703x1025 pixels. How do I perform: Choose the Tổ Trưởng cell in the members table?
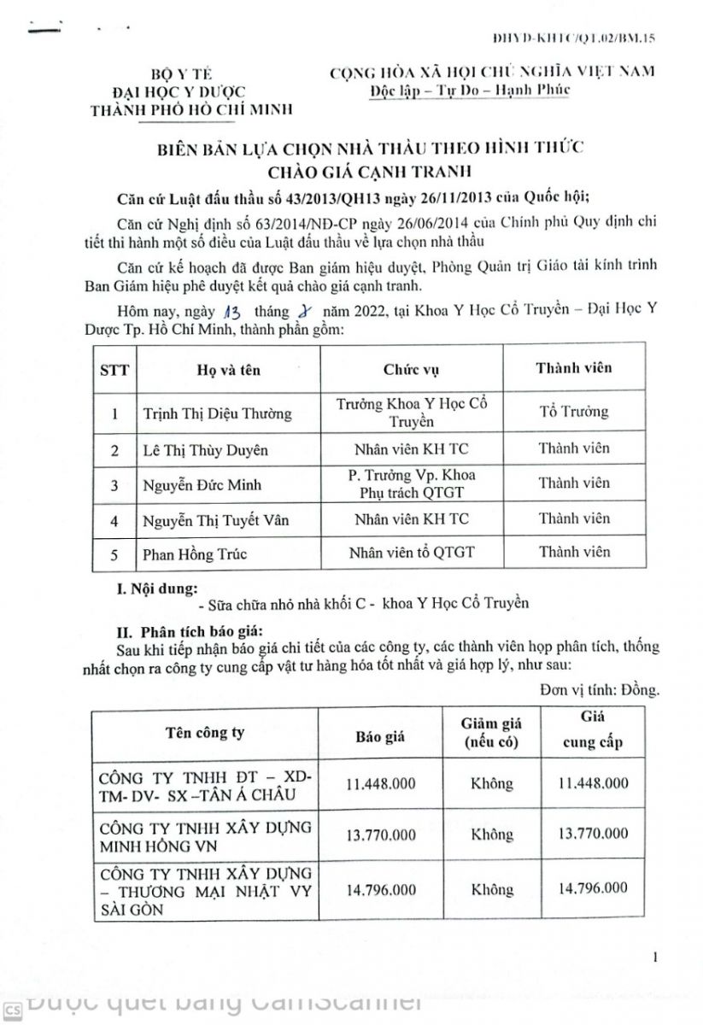[573, 412]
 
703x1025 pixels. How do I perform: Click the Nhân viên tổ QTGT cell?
[411, 553]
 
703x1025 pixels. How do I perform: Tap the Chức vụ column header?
[411, 370]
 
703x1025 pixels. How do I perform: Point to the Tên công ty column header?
[205, 732]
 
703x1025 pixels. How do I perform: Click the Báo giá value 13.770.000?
[381, 835]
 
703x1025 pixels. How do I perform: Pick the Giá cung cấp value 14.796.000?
[592, 889]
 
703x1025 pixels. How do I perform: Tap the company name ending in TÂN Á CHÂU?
[205, 790]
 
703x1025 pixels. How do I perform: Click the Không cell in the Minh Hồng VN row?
[491, 835]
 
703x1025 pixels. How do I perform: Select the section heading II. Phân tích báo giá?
[176, 633]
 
